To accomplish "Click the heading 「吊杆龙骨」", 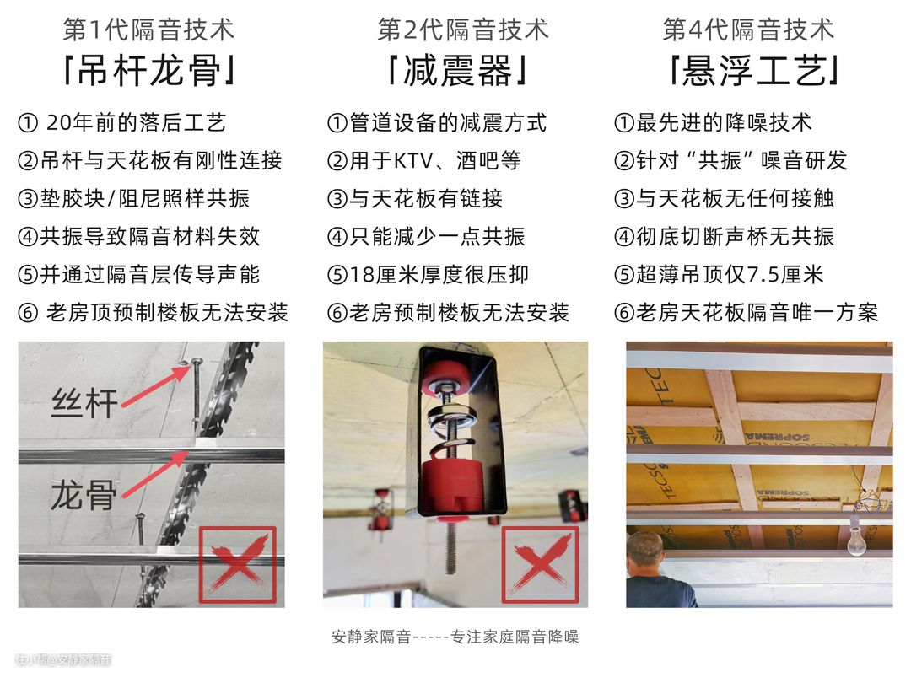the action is pos(148,71).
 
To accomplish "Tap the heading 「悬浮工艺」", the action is pos(753,71).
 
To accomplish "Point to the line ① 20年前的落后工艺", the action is pos(122,122).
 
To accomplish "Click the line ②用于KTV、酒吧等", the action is pos(424,160).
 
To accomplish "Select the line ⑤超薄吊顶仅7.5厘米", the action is pos(719,274).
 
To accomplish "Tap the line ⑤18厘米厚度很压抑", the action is pos(428,274).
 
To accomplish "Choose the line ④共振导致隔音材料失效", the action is pos(139,236).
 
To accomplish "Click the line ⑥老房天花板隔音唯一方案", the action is pos(746,313).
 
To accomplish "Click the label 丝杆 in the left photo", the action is pos(85,402).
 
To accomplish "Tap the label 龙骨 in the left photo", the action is pos(84,495).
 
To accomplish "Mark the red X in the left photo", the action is pos(238,565).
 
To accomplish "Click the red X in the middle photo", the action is pos(541,565).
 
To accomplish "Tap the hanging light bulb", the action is pos(856,537).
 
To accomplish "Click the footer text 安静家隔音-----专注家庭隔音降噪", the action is pos(455,637).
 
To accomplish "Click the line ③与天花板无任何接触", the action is pos(724,199).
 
